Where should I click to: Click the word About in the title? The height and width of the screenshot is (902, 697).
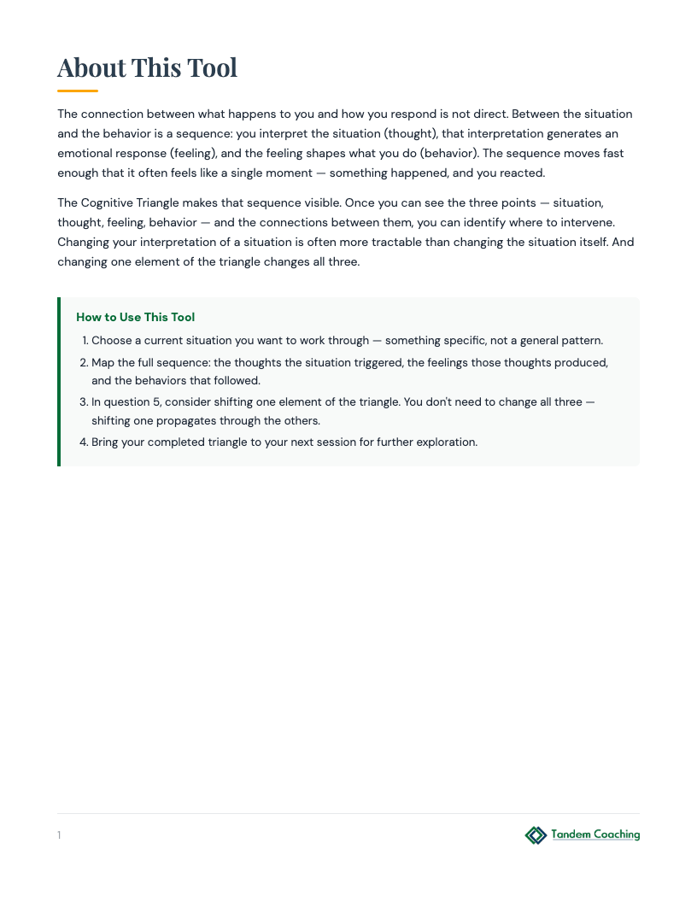point(91,67)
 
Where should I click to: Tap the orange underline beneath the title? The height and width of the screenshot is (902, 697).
point(78,91)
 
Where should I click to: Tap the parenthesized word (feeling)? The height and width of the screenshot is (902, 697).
point(192,154)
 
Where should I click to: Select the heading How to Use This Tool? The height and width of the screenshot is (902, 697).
point(136,317)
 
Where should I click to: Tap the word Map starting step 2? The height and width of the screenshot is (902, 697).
point(102,363)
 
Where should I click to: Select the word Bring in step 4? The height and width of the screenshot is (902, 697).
point(107,442)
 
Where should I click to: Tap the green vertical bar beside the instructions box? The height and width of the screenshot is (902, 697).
point(59,381)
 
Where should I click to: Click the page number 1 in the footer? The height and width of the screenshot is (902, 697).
point(59,835)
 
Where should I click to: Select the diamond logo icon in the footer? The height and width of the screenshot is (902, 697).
point(536,835)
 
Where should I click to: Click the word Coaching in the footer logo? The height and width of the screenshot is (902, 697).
point(612,835)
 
